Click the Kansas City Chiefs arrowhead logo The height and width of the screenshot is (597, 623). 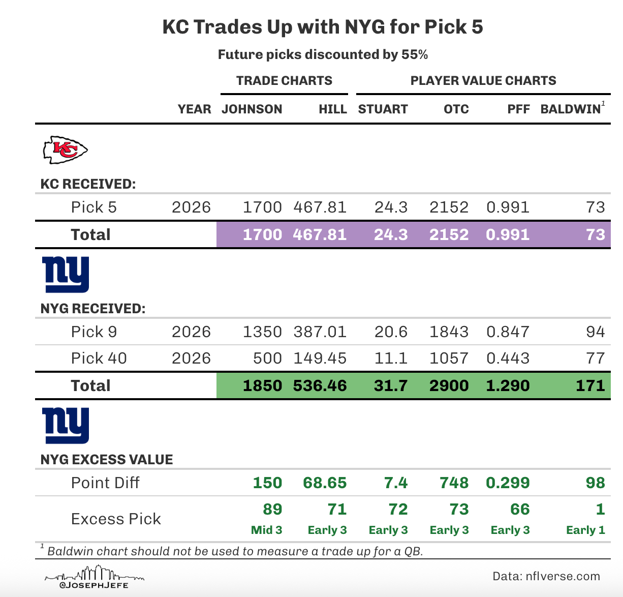65,150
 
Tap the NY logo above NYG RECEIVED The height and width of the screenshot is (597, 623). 67,275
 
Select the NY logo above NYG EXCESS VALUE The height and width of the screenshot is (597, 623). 67,426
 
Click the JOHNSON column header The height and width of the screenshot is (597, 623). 252,109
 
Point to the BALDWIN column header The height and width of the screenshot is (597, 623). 570,109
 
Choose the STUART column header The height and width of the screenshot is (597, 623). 383,109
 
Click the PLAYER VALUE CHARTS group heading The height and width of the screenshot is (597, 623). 483,81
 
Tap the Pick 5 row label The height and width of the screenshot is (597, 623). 94,207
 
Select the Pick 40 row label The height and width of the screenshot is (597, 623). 99,359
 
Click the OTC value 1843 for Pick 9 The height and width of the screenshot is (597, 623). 449,332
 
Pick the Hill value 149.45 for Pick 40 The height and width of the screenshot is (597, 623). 320,359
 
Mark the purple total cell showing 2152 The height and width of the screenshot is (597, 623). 449,234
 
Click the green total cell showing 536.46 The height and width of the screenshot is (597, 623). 320,385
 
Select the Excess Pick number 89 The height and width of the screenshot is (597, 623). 273,509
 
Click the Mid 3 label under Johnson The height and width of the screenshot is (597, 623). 267,530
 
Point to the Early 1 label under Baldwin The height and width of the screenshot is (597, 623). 585,530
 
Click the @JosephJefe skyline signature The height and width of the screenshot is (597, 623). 94,579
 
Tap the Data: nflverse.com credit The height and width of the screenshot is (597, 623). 546,576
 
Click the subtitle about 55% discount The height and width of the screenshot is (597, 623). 323,55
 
